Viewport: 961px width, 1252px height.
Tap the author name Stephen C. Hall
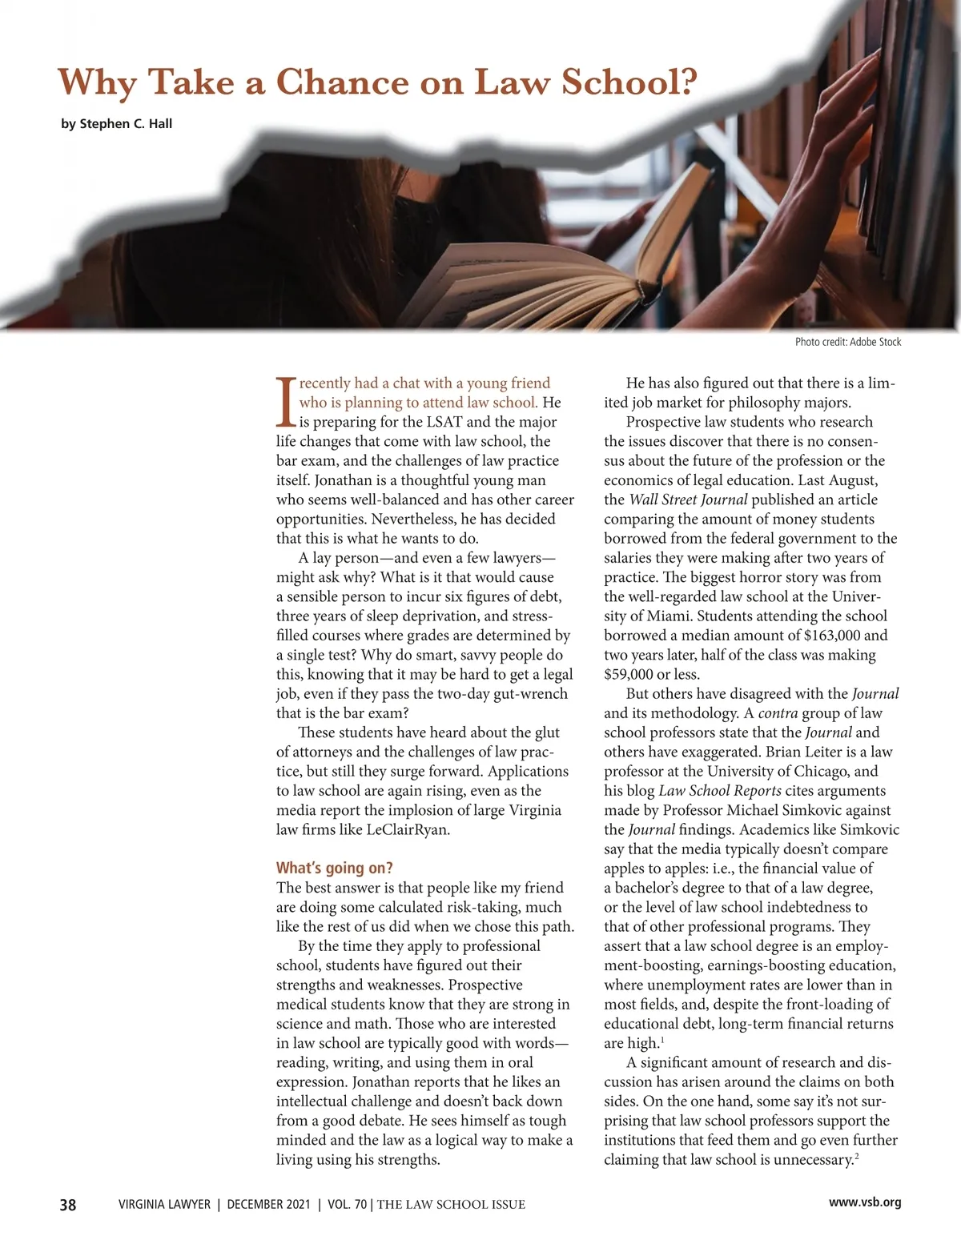click(x=116, y=124)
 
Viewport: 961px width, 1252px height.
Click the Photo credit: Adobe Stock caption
click(x=848, y=342)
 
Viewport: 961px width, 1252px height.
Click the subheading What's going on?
click(x=335, y=868)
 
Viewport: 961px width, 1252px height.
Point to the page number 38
click(x=68, y=1205)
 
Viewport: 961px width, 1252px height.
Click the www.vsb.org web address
click(x=865, y=1202)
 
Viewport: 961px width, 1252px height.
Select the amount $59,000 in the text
click(x=631, y=674)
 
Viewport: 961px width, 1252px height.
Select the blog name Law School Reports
click(x=720, y=791)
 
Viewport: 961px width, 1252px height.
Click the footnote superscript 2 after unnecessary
click(x=857, y=1156)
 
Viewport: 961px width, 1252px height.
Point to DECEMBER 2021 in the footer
click(x=267, y=1204)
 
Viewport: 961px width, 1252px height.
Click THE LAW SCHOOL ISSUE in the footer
click(x=451, y=1204)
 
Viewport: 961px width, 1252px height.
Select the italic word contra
click(x=775, y=713)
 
